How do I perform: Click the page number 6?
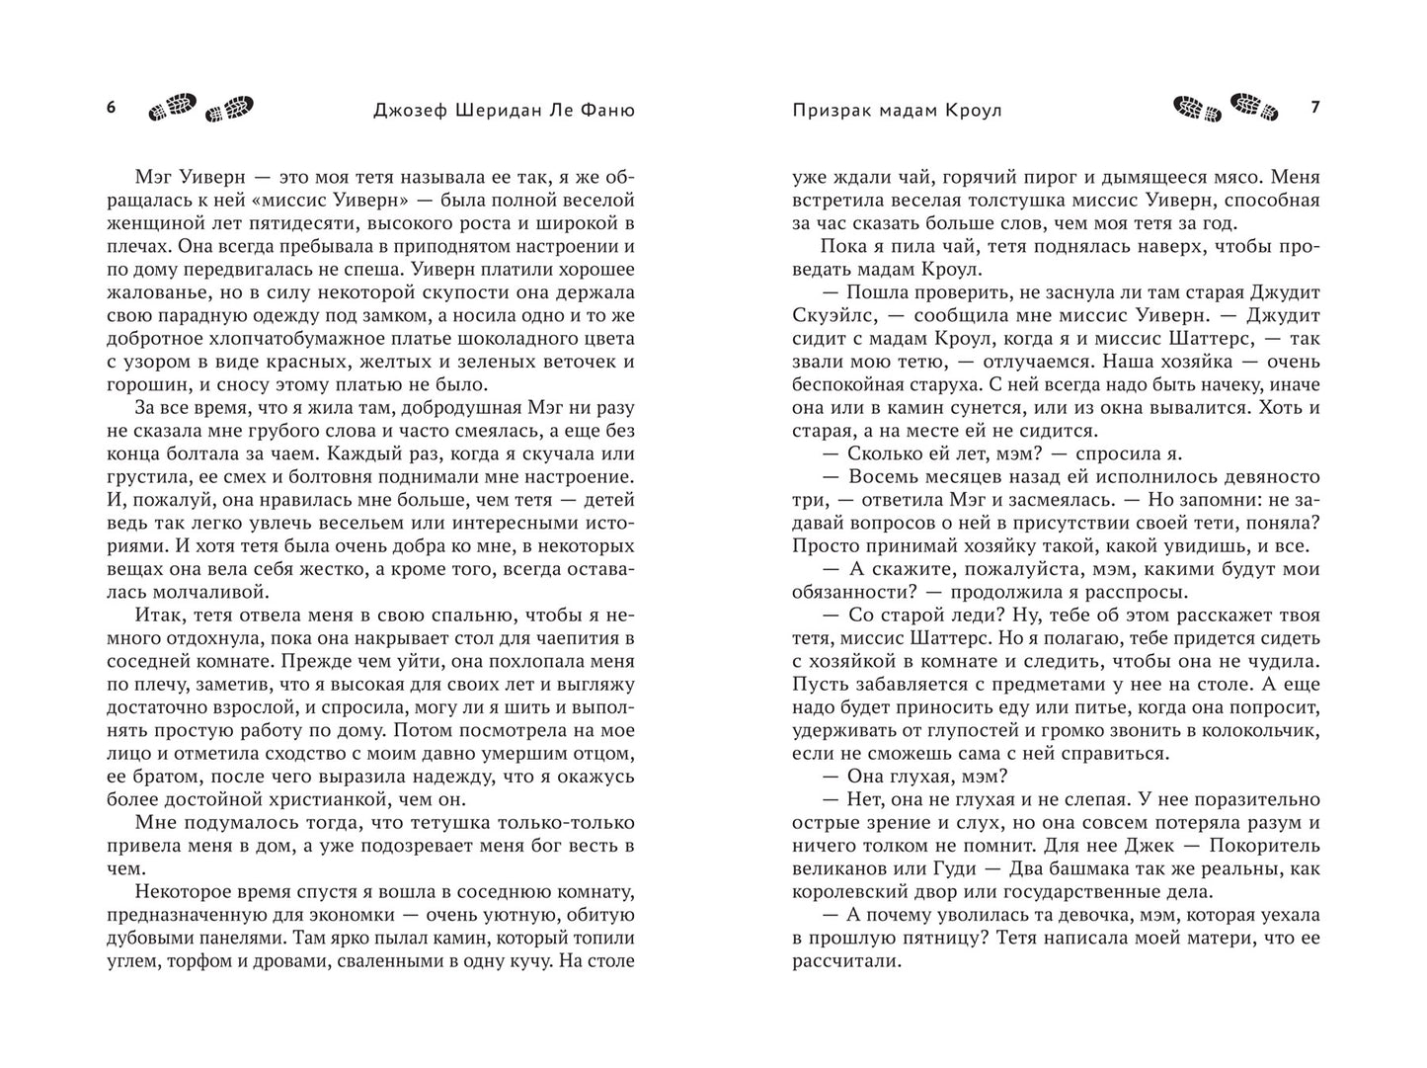pyautogui.click(x=111, y=109)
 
